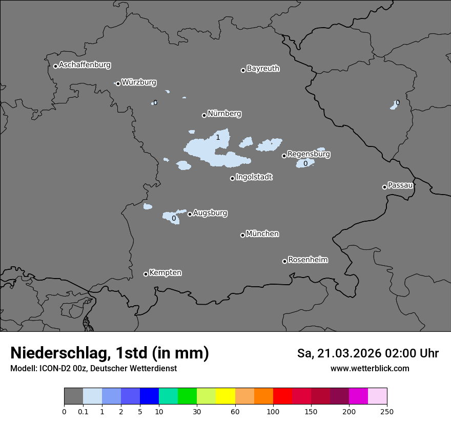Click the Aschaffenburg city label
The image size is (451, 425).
(x=85, y=65)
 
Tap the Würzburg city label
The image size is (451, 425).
(x=139, y=82)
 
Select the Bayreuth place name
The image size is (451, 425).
(x=263, y=68)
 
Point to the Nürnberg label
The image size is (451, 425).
(x=224, y=114)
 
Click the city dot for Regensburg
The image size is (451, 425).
(x=284, y=156)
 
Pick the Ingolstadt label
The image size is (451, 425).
(x=254, y=177)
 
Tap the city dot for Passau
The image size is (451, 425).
(x=384, y=187)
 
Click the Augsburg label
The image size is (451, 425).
(x=210, y=213)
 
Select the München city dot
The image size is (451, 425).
(x=242, y=235)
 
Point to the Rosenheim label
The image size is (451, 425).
(x=307, y=260)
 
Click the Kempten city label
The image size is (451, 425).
(x=165, y=272)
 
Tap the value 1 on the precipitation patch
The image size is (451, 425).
(x=218, y=137)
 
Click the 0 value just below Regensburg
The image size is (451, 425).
(x=305, y=163)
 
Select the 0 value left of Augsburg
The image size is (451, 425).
(x=174, y=218)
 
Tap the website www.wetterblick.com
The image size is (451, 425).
(x=370, y=368)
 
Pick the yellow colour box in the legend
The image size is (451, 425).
(x=225, y=396)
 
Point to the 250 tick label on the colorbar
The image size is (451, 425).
(x=386, y=411)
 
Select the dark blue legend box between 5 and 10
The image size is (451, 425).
(x=149, y=396)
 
